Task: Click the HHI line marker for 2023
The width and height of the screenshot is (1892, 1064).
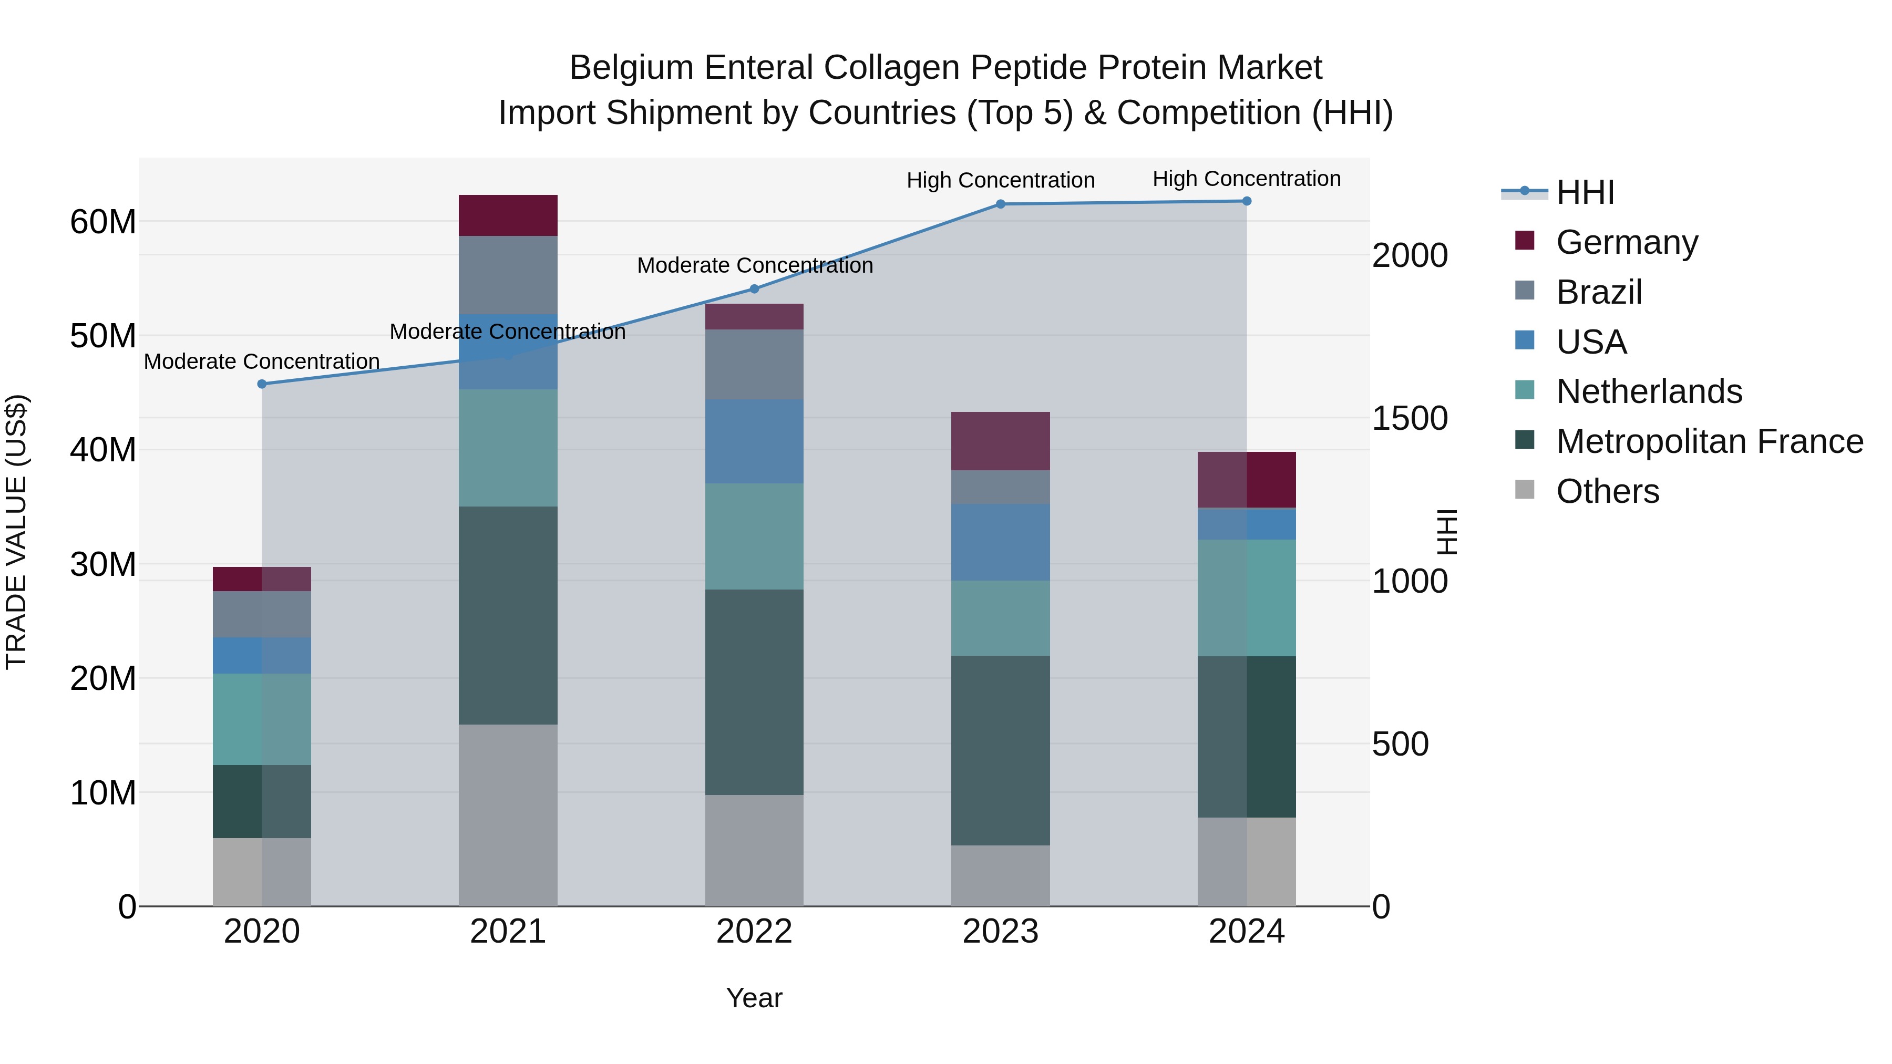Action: pos(1000,204)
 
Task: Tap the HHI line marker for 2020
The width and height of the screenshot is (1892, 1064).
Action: pos(262,384)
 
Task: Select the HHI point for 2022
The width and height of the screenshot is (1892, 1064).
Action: pos(754,290)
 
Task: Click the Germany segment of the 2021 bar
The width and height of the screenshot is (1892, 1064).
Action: pos(508,215)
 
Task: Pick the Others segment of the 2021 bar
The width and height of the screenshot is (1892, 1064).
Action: pos(508,815)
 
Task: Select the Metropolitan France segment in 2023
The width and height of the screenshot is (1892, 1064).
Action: pos(1000,750)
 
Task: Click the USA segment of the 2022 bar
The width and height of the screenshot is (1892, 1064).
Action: pos(754,441)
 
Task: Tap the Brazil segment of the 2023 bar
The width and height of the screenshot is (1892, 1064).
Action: pos(1000,487)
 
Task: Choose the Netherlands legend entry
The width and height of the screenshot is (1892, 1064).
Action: pos(1649,391)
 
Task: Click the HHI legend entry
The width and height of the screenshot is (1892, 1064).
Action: pos(1585,192)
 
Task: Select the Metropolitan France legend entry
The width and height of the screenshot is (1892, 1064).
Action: pos(1709,441)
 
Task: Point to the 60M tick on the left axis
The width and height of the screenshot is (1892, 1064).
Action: pos(103,222)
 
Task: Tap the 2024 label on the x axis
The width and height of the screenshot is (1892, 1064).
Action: pos(1247,932)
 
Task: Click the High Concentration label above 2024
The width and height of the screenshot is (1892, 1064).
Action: pos(1247,179)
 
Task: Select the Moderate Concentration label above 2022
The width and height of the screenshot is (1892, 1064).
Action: pos(754,265)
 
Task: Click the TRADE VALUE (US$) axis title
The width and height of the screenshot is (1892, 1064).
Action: pos(16,532)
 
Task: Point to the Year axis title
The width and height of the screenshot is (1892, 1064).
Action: pos(754,998)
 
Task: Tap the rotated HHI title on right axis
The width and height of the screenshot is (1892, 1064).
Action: pos(1446,532)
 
